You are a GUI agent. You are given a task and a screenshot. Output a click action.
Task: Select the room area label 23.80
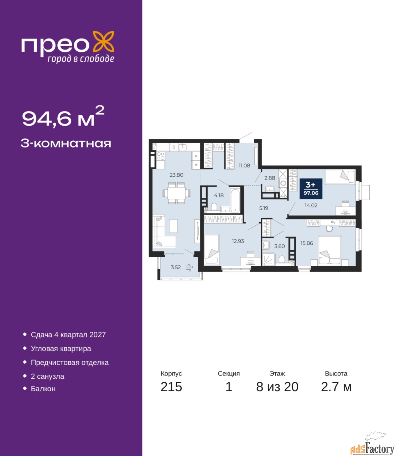(x=176, y=175)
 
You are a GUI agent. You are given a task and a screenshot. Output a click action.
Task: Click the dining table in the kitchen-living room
(x=176, y=193)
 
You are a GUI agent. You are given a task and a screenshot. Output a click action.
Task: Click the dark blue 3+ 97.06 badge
(x=311, y=188)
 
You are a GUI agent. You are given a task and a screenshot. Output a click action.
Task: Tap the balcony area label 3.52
(x=176, y=268)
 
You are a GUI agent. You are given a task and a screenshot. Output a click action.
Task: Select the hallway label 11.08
(x=244, y=165)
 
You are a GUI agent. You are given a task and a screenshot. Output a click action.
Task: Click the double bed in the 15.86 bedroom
(x=329, y=250)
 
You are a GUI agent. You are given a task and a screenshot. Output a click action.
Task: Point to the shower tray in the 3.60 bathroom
(x=269, y=259)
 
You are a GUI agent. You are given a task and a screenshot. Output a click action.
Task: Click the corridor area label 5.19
(x=264, y=208)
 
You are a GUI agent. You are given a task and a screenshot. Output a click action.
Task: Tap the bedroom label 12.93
(x=238, y=241)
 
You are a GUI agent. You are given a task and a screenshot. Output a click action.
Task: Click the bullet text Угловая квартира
(x=61, y=348)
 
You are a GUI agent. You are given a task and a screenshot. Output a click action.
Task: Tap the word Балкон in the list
(x=43, y=389)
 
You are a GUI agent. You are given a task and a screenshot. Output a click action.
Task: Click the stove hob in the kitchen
(x=161, y=156)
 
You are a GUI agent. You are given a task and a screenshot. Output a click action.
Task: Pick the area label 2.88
(x=270, y=178)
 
